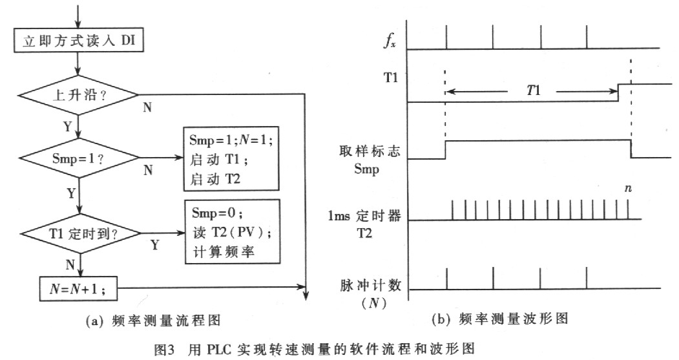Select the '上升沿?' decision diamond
tap(78, 94)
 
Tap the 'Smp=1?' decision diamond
tap(78, 157)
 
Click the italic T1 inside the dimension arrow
tap(534, 91)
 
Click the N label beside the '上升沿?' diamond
tap(147, 107)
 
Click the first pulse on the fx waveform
tap(446, 37)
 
